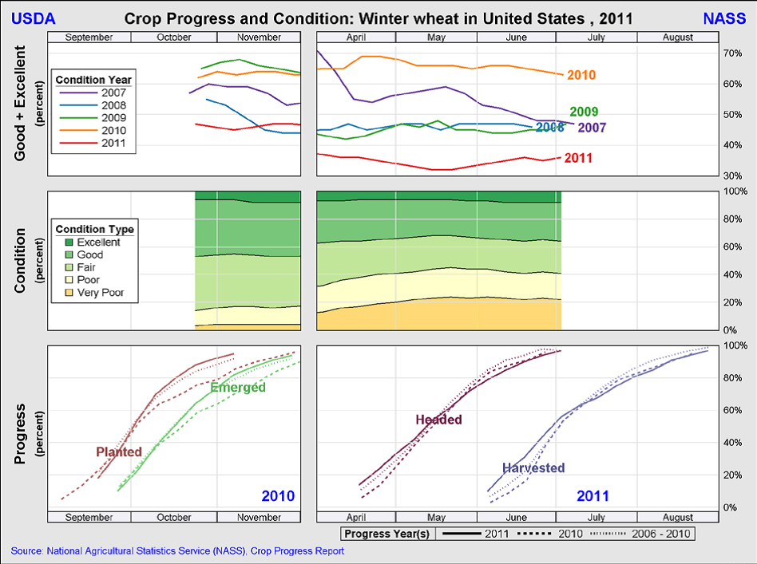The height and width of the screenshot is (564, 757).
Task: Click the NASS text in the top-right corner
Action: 724,18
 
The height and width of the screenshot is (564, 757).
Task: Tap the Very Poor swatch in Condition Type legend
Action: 69,293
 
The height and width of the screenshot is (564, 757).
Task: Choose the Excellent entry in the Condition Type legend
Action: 98,242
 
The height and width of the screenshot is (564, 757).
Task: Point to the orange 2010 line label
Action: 581,75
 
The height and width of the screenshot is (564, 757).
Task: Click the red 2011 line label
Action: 578,158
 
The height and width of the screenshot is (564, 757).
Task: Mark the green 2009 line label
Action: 584,112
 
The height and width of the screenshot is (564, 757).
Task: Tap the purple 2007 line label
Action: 592,128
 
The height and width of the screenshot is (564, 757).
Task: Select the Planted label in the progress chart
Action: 119,452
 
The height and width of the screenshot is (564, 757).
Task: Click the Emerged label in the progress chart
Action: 238,388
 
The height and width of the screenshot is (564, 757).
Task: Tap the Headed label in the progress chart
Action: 438,420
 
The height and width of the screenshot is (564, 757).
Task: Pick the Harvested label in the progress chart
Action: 533,468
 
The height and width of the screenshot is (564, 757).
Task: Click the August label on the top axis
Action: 677,37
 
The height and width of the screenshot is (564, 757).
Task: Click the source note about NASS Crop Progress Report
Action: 177,551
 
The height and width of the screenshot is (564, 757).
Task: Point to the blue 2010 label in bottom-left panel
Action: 278,496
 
